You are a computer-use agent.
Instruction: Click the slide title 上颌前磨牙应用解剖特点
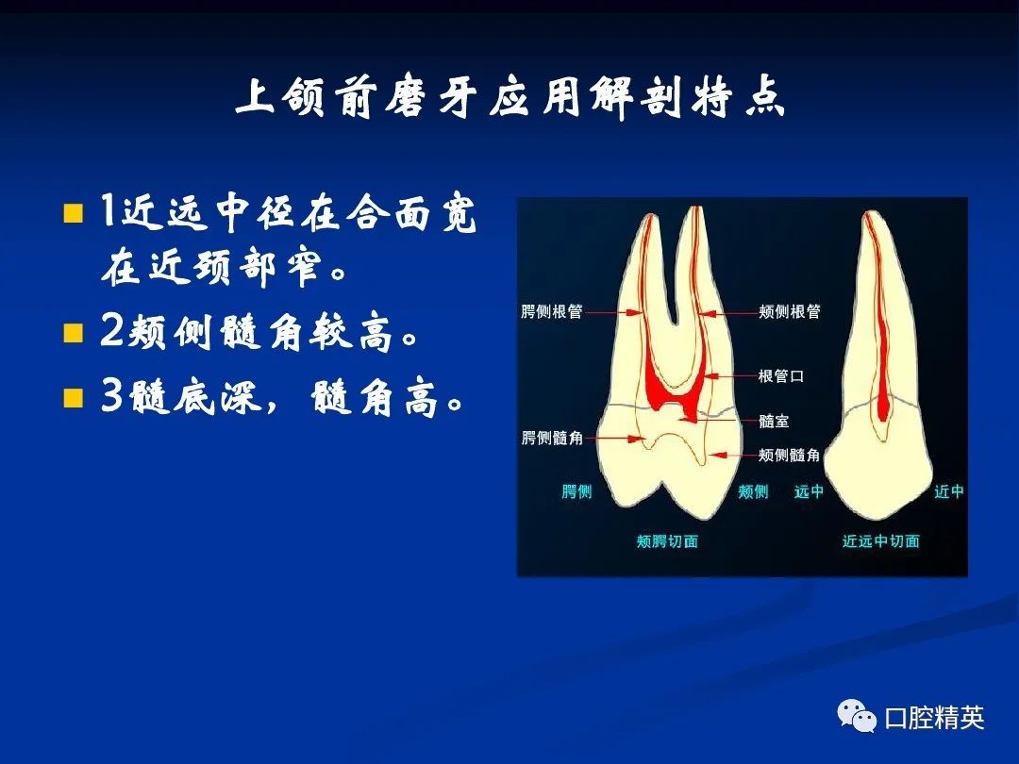(510, 99)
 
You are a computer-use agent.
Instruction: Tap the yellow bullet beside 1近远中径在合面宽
(74, 213)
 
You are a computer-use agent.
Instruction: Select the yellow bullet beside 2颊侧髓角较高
(74, 333)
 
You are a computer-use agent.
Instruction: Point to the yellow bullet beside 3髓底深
(74, 398)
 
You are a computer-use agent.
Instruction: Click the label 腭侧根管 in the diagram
(552, 312)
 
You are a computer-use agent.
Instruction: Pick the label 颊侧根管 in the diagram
(790, 312)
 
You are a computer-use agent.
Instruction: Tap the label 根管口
(781, 376)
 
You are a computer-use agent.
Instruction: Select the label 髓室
(774, 421)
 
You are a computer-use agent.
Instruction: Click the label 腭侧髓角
(552, 438)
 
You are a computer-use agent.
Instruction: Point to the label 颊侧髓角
(790, 455)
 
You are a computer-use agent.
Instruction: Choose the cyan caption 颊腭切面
(667, 541)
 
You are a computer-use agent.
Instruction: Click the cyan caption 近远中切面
(881, 541)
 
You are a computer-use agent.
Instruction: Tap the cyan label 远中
(810, 491)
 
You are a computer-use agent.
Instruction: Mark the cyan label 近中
(949, 491)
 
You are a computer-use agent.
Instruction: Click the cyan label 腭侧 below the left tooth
(577, 491)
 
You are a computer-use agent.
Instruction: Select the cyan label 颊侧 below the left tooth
(753, 491)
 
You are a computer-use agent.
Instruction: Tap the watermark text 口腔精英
(934, 717)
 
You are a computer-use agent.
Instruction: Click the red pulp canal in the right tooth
(879, 324)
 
